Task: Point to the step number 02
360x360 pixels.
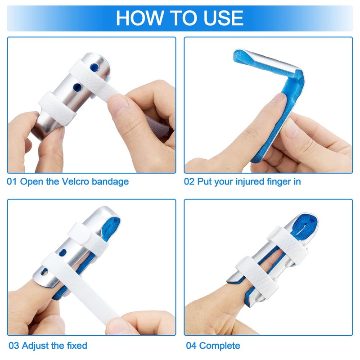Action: [x=190, y=182]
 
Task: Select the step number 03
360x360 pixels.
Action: [x=14, y=346]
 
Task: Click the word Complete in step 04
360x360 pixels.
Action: [x=220, y=346]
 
